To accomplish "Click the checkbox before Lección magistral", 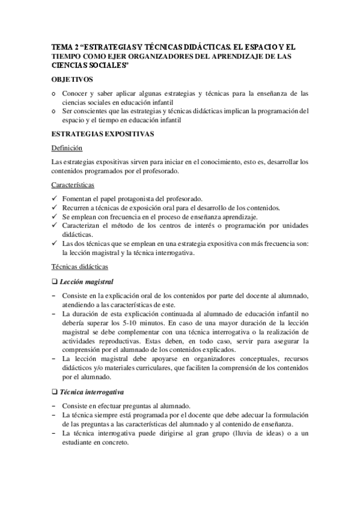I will (x=55, y=281).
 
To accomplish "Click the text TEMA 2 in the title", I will (x=65, y=46).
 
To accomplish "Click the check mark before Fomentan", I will (x=55, y=199).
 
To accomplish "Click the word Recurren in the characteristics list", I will (x=77, y=207).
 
